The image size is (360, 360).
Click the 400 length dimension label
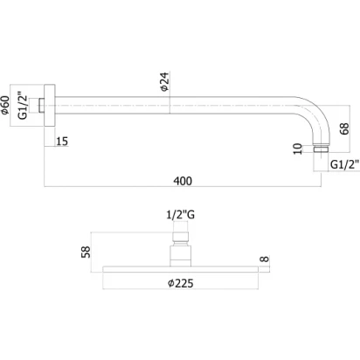pyautogui.click(x=183, y=181)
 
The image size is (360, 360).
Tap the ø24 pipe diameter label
pyautogui.click(x=164, y=82)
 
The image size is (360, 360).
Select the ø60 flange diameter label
pyautogui.click(x=5, y=105)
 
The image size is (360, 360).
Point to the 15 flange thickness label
pyautogui.click(x=62, y=142)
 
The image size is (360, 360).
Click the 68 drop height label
pyautogui.click(x=344, y=128)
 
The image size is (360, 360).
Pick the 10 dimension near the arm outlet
pyautogui.click(x=298, y=149)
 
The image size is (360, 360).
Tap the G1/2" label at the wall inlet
pyautogui.click(x=23, y=106)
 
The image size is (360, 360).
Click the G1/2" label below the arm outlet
pyautogui.click(x=344, y=165)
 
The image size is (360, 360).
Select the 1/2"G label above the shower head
pyautogui.click(x=180, y=215)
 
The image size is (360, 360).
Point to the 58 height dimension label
pyautogui.click(x=86, y=252)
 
